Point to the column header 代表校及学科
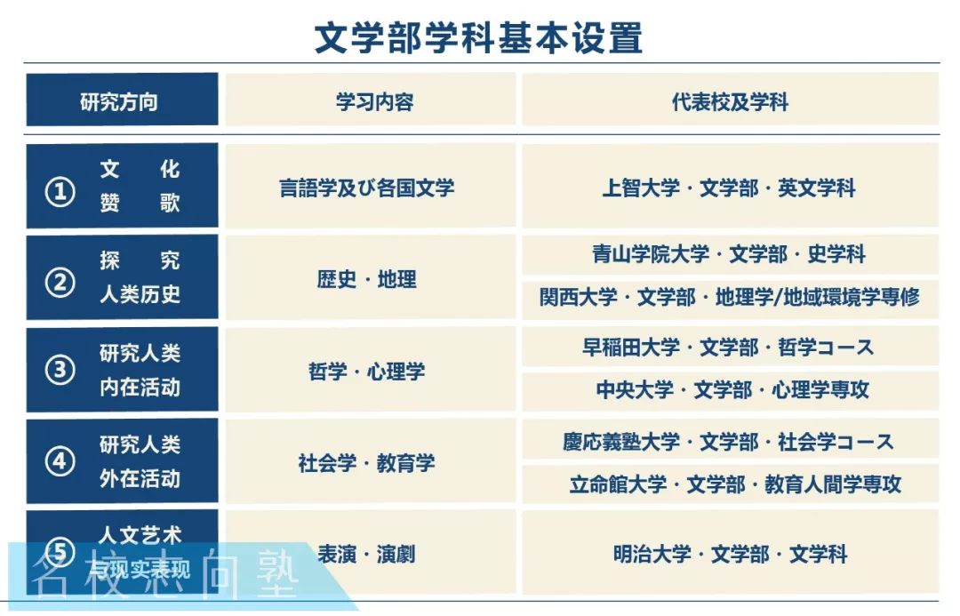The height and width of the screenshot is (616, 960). [x=730, y=101]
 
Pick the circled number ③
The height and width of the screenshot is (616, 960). [x=60, y=371]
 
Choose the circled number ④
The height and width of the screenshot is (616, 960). [x=60, y=462]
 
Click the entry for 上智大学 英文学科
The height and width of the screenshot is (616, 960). [x=729, y=188]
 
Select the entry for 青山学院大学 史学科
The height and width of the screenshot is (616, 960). [x=729, y=254]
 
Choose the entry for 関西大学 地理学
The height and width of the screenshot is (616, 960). [x=729, y=297]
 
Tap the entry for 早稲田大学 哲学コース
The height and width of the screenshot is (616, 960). [x=729, y=347]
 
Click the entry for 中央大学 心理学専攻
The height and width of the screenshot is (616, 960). [x=729, y=389]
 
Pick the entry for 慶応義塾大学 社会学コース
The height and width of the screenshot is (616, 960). [x=729, y=441]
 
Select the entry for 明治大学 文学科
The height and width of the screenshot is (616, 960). [x=729, y=554]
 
